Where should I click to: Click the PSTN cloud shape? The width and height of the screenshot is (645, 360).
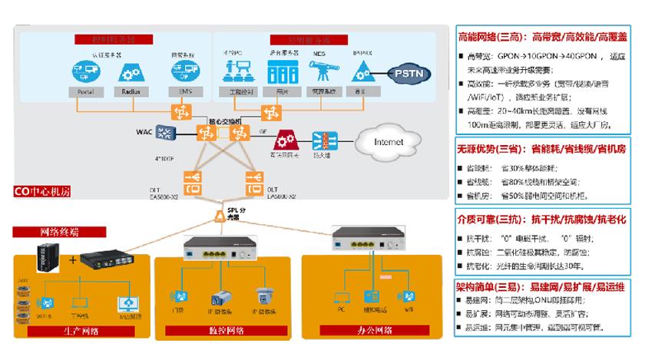412,74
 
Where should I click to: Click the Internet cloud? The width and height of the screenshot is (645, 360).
388,142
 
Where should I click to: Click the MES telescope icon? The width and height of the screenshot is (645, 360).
318,71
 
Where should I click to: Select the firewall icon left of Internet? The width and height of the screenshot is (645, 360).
323,140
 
